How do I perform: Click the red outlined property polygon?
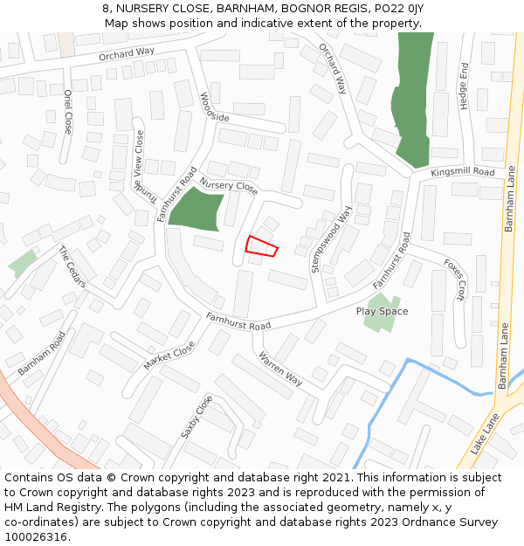tap(261, 246)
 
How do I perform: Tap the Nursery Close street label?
tap(229, 186)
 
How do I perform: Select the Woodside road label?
tap(215, 107)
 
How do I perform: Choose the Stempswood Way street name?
tap(332, 240)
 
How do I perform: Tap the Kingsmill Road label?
tap(462, 173)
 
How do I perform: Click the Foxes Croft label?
tap(454, 278)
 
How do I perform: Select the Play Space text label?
tap(382, 311)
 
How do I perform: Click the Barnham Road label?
tap(41, 354)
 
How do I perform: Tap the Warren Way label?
tap(280, 369)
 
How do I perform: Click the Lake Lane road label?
tap(485, 434)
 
